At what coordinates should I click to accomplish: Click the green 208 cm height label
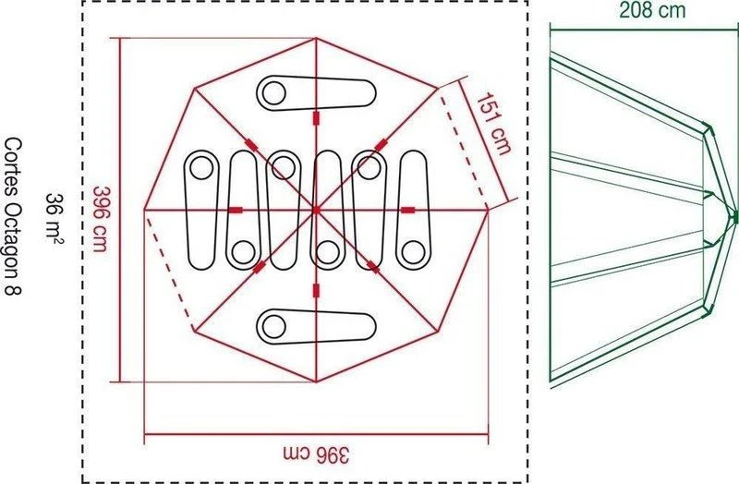(x=652, y=10)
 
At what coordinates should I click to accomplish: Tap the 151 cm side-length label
(x=493, y=124)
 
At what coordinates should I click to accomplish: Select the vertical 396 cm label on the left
(x=102, y=219)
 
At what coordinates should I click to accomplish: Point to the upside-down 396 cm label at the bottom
(x=317, y=454)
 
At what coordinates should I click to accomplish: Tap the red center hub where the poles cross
(x=316, y=210)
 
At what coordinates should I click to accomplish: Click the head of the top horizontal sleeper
(x=273, y=93)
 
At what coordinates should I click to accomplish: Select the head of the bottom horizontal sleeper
(x=273, y=326)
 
